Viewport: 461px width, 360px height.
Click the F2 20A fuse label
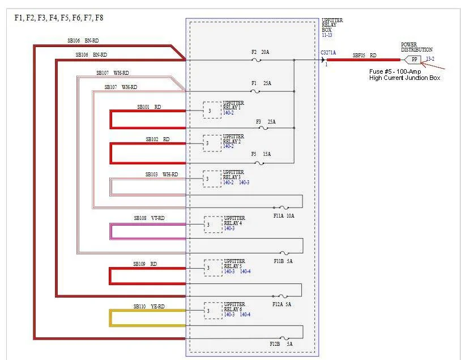(260, 52)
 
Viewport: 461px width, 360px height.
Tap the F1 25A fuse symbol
(255, 91)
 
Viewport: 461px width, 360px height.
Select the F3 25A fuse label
(266, 121)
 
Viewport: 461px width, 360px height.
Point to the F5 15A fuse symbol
(259, 163)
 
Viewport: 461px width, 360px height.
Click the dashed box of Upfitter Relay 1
(212, 110)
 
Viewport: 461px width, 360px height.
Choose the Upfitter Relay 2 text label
(233, 139)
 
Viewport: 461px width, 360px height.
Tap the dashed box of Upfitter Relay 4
(213, 225)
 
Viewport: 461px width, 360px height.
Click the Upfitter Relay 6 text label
(234, 307)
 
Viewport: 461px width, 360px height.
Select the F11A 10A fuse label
(284, 216)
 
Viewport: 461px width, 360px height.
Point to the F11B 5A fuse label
(283, 261)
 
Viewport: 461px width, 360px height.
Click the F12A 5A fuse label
(281, 304)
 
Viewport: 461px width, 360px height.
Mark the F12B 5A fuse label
(281, 344)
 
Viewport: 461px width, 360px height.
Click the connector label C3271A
(328, 53)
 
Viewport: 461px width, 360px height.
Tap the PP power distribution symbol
(413, 60)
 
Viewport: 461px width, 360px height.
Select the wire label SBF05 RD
(365, 56)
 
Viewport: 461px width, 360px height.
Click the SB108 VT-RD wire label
(149, 218)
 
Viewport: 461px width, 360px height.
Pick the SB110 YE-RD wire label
(149, 307)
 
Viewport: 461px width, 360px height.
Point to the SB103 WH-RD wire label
(162, 174)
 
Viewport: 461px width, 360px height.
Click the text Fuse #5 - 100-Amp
(395, 71)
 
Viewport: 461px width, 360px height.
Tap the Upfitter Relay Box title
(332, 25)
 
